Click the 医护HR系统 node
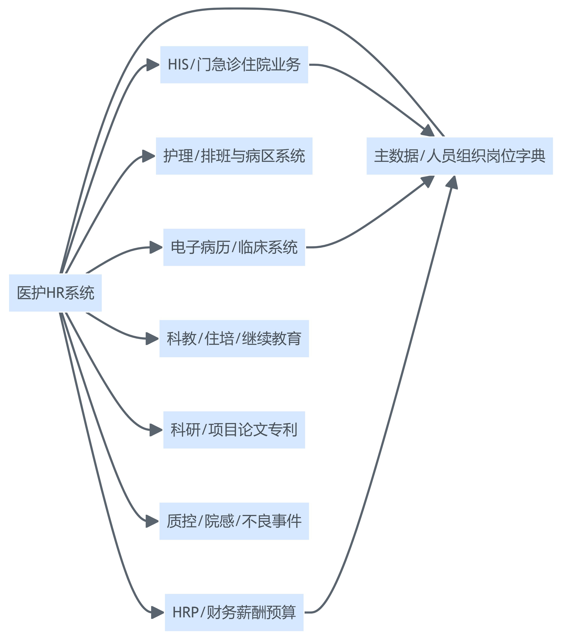(55, 293)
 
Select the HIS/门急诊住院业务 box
(234, 65)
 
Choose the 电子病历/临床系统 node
(234, 247)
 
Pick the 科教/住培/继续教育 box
(234, 338)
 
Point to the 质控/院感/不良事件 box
(234, 521)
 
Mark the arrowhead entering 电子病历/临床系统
(156, 247)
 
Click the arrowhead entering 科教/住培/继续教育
(152, 338)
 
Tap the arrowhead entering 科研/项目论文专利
(156, 430)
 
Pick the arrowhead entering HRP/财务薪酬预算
(158, 612)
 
